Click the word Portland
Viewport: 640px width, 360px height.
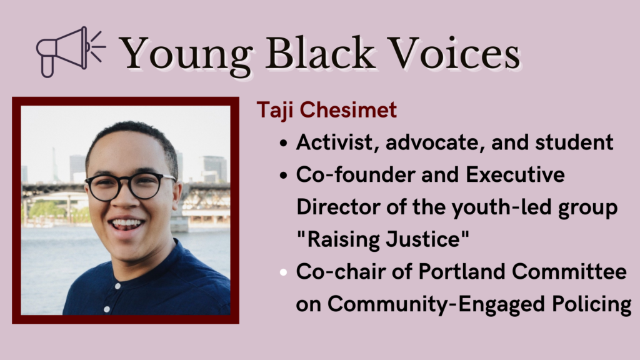coord(446,272)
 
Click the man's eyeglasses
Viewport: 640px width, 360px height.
coord(130,185)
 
